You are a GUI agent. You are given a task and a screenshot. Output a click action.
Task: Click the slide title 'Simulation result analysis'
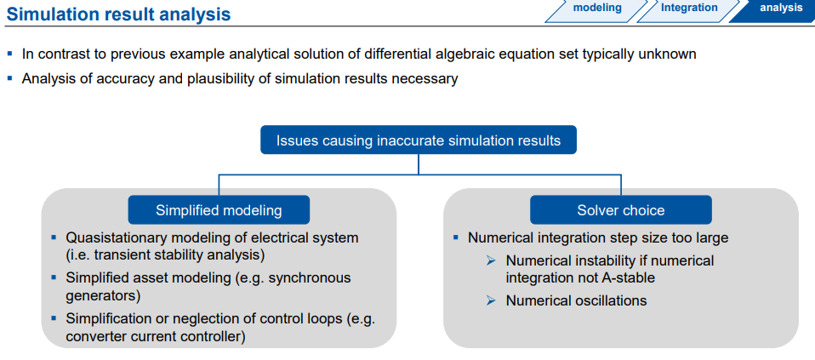[118, 14]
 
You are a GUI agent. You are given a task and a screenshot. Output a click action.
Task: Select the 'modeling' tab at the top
[596, 9]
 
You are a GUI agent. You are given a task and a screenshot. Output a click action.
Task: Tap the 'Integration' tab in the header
[689, 9]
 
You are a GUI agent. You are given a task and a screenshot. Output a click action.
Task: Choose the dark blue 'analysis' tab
[780, 9]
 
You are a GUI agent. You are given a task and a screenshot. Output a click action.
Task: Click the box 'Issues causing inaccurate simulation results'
[419, 140]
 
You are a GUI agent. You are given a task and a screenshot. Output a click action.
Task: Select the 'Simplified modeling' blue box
[219, 210]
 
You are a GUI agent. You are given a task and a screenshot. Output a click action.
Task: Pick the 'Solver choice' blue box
[621, 210]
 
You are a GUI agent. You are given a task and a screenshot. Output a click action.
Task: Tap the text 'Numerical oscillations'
[576, 300]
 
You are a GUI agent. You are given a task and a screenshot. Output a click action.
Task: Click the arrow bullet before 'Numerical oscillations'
[491, 300]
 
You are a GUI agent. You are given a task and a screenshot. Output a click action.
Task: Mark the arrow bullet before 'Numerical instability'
[491, 261]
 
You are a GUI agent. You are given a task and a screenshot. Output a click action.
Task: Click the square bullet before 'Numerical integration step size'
[457, 238]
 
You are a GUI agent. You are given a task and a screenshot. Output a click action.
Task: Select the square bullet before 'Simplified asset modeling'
[54, 277]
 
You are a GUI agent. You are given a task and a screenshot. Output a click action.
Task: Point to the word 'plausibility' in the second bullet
[180, 78]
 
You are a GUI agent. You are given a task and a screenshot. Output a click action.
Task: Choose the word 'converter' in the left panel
[95, 337]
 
